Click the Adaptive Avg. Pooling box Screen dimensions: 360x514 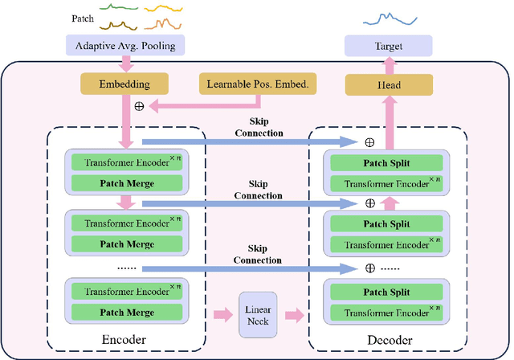[x=124, y=47]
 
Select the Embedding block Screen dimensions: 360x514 [x=124, y=83]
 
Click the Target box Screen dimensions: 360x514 [x=388, y=47]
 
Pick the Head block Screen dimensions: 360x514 [x=388, y=83]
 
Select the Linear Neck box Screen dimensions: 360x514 [x=257, y=313]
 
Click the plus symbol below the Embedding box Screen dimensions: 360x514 [x=139, y=106]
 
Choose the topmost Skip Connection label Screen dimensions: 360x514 [x=257, y=127]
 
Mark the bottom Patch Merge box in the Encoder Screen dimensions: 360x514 [x=126, y=313]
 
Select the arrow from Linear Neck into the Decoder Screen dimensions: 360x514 [x=294, y=313]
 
